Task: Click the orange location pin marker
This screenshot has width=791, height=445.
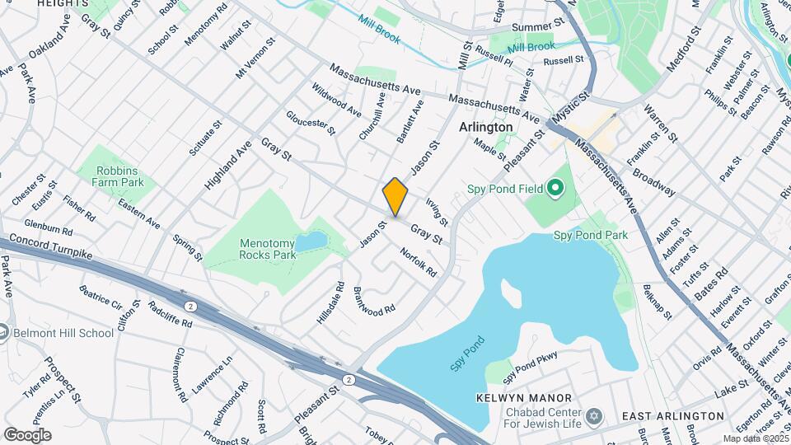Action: [395, 198]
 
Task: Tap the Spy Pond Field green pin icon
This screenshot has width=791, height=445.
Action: [555, 190]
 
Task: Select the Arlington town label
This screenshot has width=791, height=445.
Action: [485, 127]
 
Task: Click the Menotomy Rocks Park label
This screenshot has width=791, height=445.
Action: [268, 249]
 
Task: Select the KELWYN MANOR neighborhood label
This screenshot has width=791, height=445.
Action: [513, 398]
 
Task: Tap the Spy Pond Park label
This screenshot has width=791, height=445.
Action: [590, 235]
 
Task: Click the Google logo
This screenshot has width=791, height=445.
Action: [27, 434]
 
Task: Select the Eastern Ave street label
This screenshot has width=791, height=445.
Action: [138, 212]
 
